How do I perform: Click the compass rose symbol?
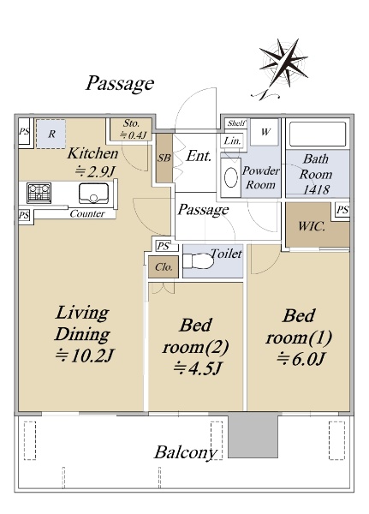pos(283,66)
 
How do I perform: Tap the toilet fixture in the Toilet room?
pos(197,261)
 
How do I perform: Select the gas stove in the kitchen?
pos(39,193)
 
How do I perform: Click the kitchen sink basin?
pos(93,193)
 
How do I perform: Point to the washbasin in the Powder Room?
pos(230,177)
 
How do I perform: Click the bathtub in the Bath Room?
pos(318,134)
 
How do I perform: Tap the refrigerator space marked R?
pos(51,134)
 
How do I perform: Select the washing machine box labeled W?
pos(265,132)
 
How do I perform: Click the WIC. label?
pos(312,226)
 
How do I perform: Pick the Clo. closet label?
pos(164,267)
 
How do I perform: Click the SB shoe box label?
pos(164,158)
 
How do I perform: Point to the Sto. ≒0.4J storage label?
pos(132,129)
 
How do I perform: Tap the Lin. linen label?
pos(232,140)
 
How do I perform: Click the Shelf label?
pos(236,123)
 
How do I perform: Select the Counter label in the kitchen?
pos(87,213)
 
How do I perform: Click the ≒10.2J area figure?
pos(84,356)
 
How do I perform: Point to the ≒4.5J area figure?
pos(197,368)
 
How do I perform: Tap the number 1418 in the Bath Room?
pos(316,189)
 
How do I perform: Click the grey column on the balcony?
pos(253,435)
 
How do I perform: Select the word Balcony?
pos(186,452)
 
